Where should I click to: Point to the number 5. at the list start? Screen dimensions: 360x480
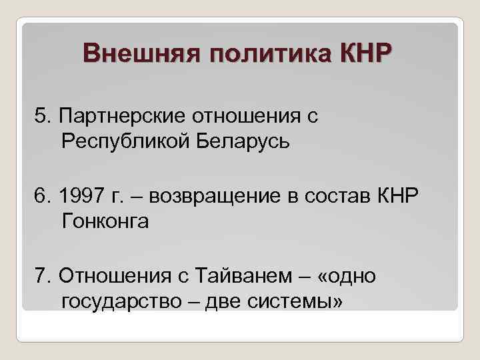45,117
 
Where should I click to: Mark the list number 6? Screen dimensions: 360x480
45,196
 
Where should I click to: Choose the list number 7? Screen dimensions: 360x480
45,275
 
